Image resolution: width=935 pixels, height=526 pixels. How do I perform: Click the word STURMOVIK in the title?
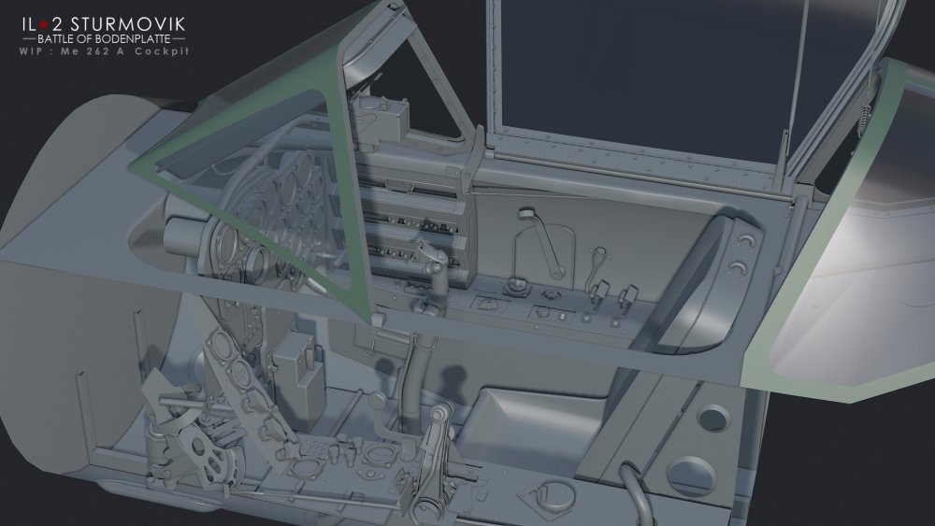click(x=128, y=24)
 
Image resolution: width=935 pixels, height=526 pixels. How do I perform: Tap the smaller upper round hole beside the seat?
click(x=713, y=417)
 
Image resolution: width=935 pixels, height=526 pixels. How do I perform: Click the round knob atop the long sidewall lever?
click(x=525, y=213)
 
